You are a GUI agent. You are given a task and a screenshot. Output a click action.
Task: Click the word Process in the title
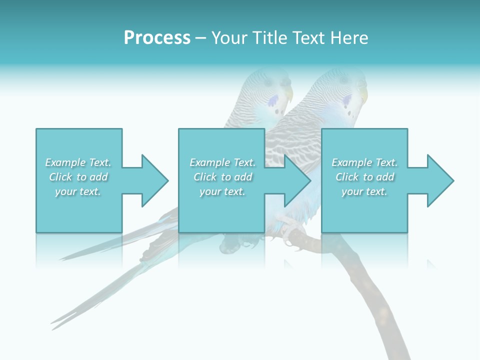pos(157,37)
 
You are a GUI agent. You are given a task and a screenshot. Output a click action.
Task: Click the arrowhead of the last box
pos(440,180)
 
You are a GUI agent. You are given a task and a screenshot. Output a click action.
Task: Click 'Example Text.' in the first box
pos(78,162)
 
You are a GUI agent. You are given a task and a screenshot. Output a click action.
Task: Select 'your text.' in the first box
pos(78,191)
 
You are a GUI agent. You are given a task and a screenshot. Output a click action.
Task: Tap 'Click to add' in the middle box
pos(222,177)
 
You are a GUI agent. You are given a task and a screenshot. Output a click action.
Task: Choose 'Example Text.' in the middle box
pos(222,162)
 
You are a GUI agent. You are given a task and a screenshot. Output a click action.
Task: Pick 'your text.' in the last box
pos(364,191)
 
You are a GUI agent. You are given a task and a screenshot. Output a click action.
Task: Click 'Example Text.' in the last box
pos(364,162)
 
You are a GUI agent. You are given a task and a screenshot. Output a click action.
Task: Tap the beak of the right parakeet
pos(363,95)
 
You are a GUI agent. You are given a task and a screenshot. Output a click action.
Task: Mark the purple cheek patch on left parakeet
pos(273,102)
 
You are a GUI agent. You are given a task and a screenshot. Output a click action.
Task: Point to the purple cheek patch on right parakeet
pos(346,102)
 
